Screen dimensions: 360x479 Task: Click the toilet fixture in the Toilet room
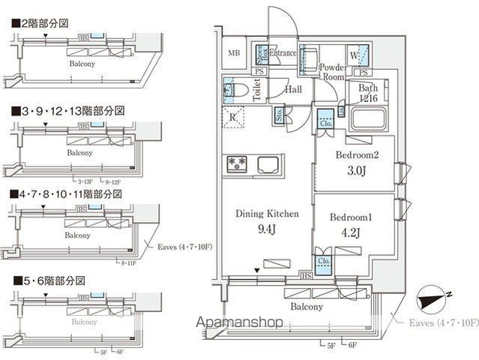click(x=238, y=91)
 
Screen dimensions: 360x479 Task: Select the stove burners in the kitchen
click(x=238, y=162)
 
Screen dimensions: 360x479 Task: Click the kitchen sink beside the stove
click(x=267, y=163)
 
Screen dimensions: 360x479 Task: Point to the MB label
click(x=234, y=52)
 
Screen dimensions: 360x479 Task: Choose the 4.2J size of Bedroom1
click(x=352, y=231)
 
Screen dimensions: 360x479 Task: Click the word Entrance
click(x=283, y=53)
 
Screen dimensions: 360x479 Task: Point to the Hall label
click(x=293, y=90)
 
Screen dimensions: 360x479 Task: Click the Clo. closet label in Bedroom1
click(x=324, y=262)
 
